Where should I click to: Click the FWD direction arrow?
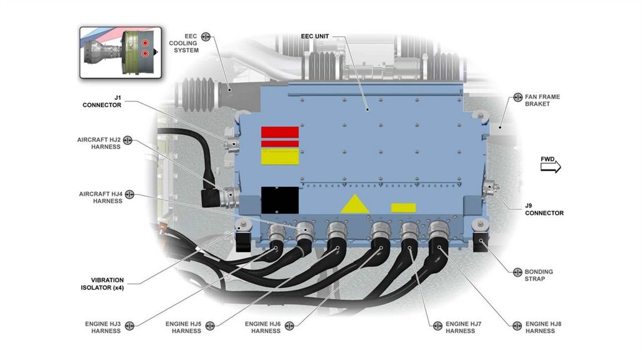[x=550, y=167]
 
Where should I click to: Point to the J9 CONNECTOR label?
[x=544, y=209]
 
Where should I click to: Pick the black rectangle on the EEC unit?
[x=280, y=200]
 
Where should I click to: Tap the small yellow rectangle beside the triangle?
[x=403, y=208]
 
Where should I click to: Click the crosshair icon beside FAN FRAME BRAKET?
[x=518, y=97]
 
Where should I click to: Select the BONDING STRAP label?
[x=539, y=275]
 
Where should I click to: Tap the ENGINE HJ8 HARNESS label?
[x=543, y=327]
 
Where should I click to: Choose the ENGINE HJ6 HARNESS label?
[x=263, y=327]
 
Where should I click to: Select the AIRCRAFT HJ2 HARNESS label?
[x=99, y=143]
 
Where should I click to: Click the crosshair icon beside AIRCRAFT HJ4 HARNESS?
[x=130, y=194]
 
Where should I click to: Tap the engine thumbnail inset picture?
[x=120, y=51]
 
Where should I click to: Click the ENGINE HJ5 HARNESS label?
[x=183, y=327]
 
